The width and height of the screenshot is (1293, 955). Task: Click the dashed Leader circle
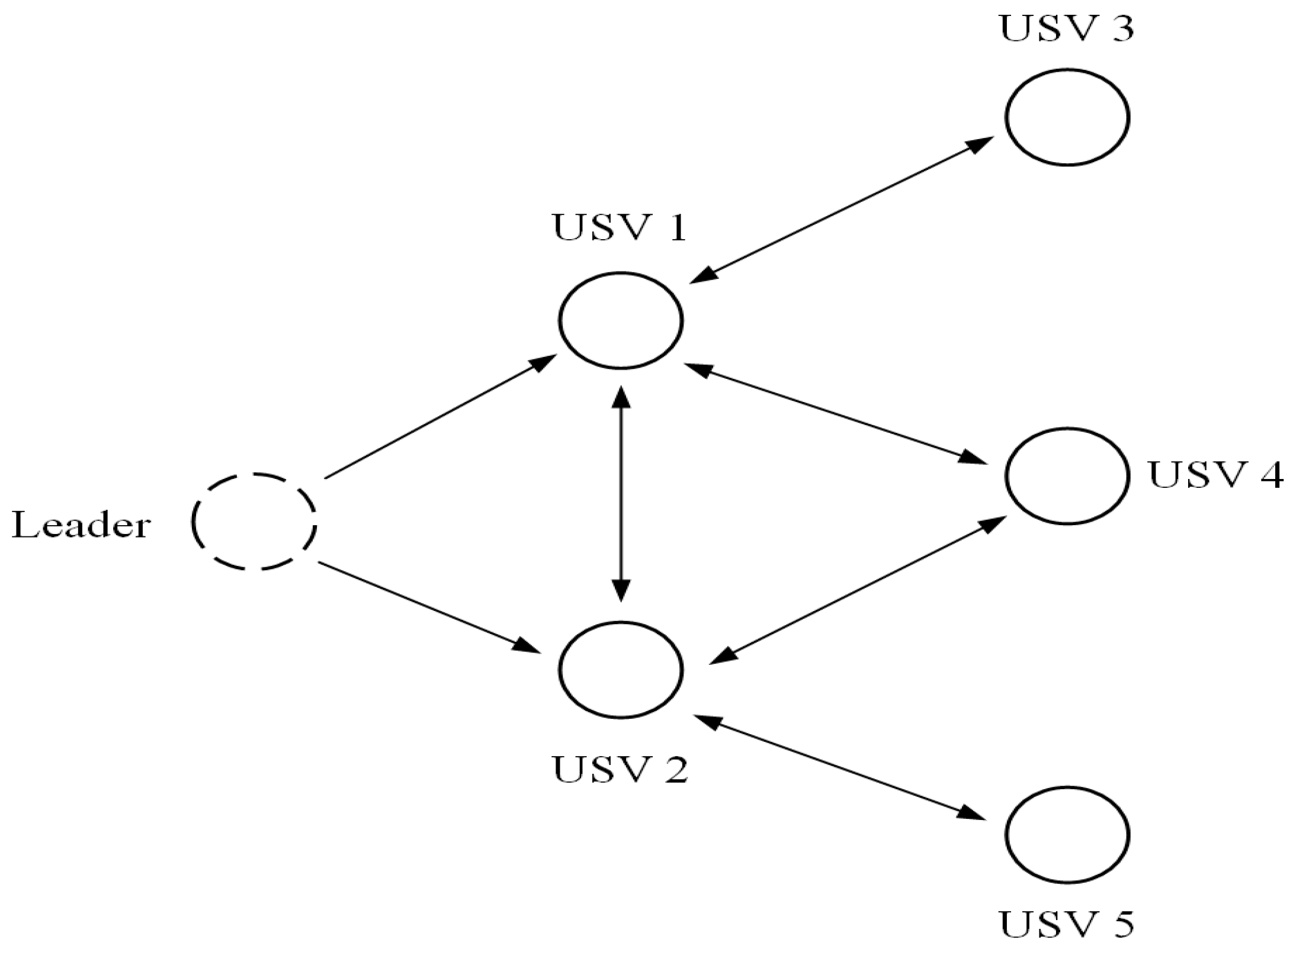[254, 521]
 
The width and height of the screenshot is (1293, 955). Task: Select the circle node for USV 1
[621, 320]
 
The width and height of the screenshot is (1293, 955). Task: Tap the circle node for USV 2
[621, 669]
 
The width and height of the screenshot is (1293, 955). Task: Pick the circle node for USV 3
[1067, 117]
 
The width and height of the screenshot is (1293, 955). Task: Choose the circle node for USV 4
[1067, 475]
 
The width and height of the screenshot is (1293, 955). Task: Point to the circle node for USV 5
[1067, 834]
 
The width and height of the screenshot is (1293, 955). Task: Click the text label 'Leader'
[81, 525]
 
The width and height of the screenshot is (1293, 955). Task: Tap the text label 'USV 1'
[620, 227]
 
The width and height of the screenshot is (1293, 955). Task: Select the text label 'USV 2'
[620, 769]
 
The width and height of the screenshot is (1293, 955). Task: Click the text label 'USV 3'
[1066, 28]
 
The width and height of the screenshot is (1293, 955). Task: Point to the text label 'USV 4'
[1215, 474]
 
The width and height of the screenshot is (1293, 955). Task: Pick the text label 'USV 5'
[1066, 925]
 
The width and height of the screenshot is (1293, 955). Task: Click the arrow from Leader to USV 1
[440, 416]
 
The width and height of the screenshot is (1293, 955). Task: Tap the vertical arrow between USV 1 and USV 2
[621, 494]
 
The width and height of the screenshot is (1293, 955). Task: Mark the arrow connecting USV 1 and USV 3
[841, 210]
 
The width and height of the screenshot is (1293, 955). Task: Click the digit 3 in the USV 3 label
[1122, 28]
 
